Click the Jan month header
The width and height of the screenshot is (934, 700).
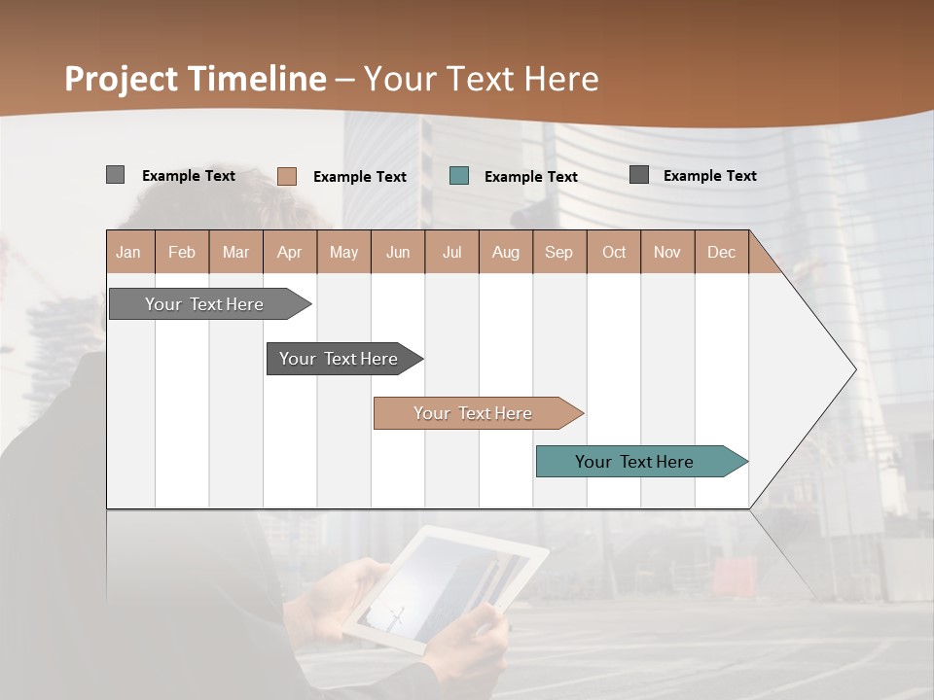coord(128,253)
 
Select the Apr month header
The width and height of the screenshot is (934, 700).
coord(289,253)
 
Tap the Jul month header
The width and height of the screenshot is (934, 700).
coord(451,253)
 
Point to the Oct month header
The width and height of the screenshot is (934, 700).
coord(613,253)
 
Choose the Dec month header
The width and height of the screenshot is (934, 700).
coord(721,253)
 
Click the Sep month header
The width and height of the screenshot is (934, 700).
coord(558,253)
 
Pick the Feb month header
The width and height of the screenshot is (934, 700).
coord(182,253)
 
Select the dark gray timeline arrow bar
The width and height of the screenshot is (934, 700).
coord(341,359)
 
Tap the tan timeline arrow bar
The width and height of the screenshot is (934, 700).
coord(475,413)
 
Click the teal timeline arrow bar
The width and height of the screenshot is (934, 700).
coord(637,462)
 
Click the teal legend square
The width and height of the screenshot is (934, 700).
coord(459,176)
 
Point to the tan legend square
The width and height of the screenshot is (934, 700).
coord(287,176)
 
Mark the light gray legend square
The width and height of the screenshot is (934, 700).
coord(115,175)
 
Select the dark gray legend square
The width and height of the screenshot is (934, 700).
coord(639,175)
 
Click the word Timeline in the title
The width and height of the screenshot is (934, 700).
coord(258,79)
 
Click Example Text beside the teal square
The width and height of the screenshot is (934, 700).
coord(530,177)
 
